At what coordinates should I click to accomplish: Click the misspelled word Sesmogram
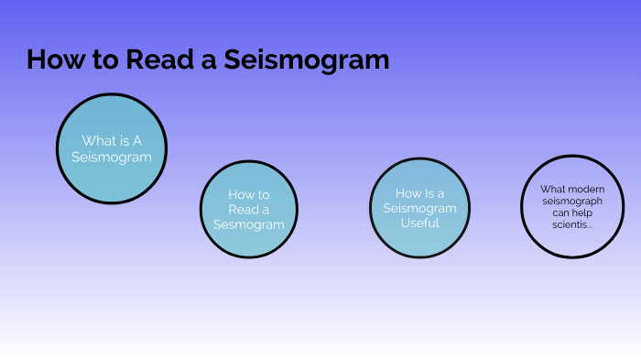point(249,224)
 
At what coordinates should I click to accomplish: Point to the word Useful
point(419,223)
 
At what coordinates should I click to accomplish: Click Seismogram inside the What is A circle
point(112,157)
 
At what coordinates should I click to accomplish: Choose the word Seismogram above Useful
point(419,208)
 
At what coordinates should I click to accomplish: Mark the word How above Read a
point(240,194)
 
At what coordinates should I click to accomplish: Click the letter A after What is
point(137,141)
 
